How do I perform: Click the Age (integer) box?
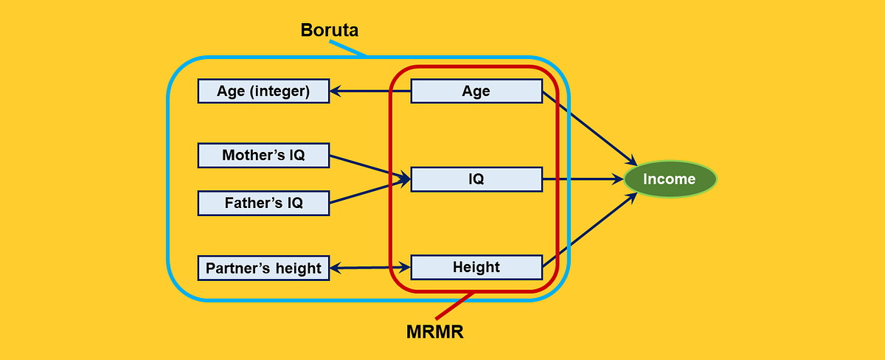263,91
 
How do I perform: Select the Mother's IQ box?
263,155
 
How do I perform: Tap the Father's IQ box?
263,203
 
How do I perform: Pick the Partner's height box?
263,268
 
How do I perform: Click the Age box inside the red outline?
476,91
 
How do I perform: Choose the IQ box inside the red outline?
476,179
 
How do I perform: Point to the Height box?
476,267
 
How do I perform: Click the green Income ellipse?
669,179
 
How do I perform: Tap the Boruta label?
330,30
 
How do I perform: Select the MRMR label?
435,332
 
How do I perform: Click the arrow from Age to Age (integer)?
369,91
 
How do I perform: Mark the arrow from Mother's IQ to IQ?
369,167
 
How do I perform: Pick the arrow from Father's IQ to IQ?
369,191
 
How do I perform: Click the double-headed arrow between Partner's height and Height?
369,267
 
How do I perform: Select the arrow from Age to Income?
590,128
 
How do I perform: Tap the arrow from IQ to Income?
583,179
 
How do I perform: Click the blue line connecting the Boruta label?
348,48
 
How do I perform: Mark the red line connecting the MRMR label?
454,305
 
